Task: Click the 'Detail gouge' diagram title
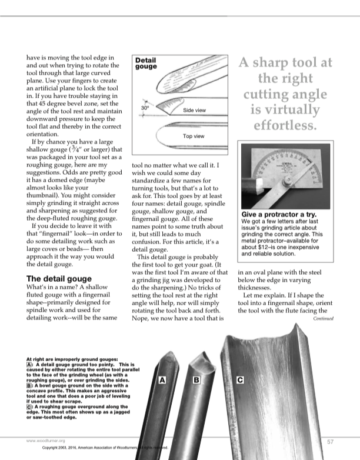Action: pos(146,64)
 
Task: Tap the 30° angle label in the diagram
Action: pos(145,108)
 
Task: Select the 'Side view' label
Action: pos(194,111)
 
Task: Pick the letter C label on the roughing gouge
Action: pos(240,381)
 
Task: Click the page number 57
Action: pos(331,441)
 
